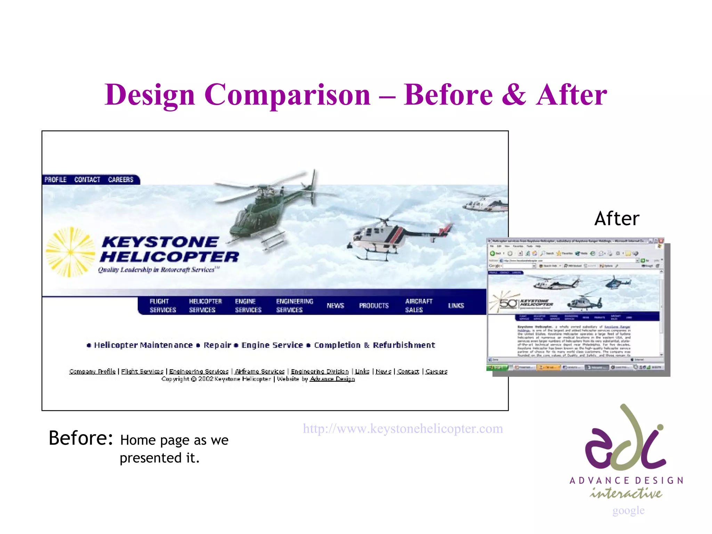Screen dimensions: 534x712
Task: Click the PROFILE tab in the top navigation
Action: pos(55,179)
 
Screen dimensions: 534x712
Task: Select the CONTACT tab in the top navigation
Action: pos(87,179)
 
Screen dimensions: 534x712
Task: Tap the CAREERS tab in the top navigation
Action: pos(121,179)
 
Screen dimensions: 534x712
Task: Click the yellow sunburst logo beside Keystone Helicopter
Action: pos(70,252)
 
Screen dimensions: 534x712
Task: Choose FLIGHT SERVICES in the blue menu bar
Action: pos(163,306)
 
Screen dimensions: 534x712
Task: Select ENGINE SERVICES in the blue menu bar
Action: pos(248,306)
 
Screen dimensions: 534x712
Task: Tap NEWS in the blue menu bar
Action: pos(335,306)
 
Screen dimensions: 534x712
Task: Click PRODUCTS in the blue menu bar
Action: pos(374,306)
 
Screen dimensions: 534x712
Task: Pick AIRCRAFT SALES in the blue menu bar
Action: pos(419,306)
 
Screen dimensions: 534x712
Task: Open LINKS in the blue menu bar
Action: pos(456,306)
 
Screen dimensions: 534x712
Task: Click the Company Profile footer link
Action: pos(92,371)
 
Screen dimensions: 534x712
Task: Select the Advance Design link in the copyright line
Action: pos(332,379)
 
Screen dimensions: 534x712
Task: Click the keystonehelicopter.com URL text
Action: pos(403,429)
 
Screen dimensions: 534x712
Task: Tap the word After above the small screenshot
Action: pos(617,219)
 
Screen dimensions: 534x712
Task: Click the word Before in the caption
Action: pos(81,438)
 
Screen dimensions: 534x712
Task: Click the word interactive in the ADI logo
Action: pos(626,493)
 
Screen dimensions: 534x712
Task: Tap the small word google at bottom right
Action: pos(628,510)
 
